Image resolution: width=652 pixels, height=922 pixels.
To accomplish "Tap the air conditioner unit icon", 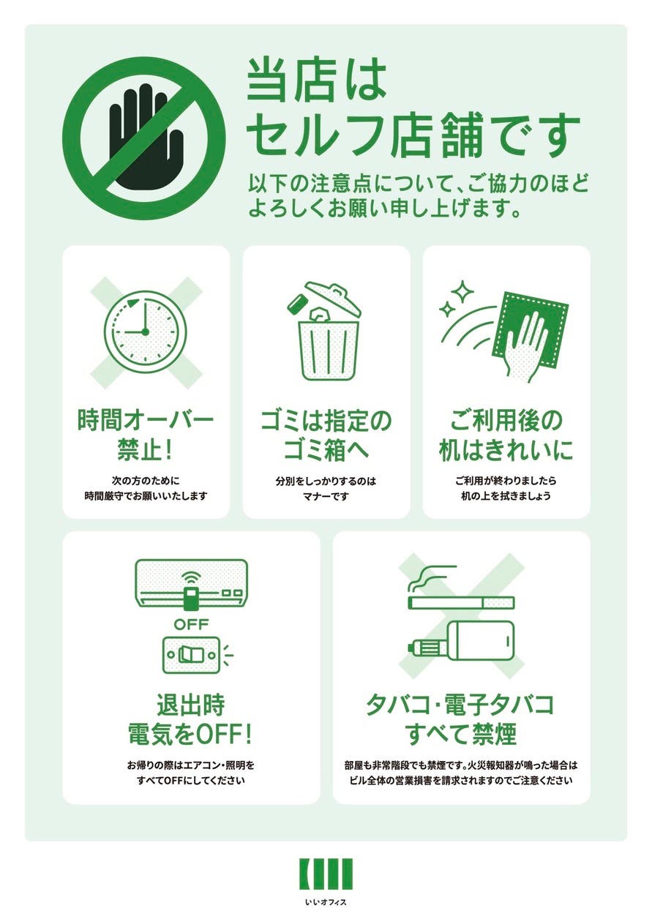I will (191, 583).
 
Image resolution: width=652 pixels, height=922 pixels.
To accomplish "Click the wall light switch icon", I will (190, 653).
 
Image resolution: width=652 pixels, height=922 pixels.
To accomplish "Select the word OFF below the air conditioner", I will (191, 624).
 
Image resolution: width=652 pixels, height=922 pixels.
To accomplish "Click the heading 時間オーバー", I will (146, 421).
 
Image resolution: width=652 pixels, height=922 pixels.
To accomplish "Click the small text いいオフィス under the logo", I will (326, 902).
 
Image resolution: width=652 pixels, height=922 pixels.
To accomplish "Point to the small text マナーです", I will (326, 496).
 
